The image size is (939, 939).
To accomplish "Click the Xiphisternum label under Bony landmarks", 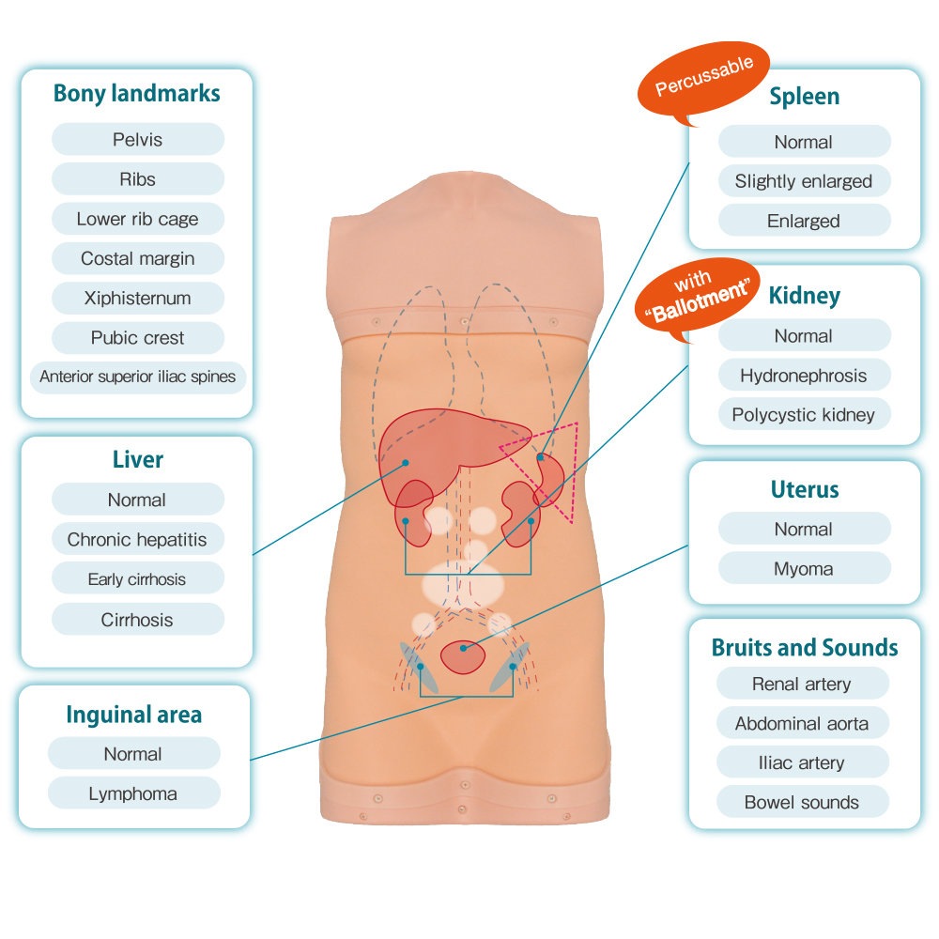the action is point(138,298).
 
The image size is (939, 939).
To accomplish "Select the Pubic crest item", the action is point(138,338).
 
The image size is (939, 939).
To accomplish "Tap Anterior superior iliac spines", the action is point(138,377).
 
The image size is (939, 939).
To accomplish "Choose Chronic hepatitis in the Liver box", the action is point(137,540).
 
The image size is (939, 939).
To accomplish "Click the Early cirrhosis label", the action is point(137,579).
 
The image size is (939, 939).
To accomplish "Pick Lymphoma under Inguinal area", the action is point(133,793).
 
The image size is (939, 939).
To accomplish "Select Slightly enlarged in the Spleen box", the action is point(804,181).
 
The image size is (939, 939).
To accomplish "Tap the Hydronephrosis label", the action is point(804,376).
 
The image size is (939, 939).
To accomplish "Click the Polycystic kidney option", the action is point(804,414).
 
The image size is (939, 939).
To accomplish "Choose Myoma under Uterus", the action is point(804,568).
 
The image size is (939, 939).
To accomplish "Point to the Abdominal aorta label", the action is point(802,723).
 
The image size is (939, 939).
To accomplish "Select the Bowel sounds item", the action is point(802,802).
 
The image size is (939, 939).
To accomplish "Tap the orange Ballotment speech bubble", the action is point(698,295).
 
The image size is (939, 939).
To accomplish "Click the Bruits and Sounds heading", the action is point(805,647).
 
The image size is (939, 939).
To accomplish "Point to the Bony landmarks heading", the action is point(137,93).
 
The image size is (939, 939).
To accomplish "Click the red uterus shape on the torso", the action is point(463,656).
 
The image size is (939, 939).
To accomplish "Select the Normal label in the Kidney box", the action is point(804,336).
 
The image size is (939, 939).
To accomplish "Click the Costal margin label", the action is point(138,258).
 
